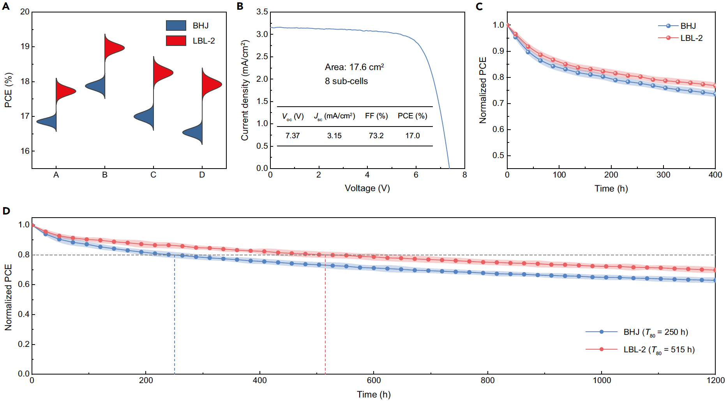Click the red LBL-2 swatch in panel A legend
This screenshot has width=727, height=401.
[x=176, y=40]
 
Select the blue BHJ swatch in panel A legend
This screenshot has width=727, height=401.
[x=176, y=26]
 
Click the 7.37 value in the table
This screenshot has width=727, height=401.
[x=292, y=135]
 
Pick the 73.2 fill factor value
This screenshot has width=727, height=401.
[x=376, y=135]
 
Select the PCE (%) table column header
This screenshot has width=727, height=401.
[x=412, y=116]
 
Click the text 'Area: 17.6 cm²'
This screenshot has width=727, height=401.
[x=354, y=67]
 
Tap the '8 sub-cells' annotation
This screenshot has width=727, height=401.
[x=346, y=81]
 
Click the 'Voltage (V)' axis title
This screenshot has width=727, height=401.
[x=367, y=188]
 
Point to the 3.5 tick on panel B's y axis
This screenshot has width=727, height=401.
[x=262, y=12]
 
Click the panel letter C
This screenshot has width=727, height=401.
[x=479, y=6]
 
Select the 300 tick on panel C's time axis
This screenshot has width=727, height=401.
[x=663, y=175]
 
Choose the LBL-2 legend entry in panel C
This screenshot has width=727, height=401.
[x=691, y=38]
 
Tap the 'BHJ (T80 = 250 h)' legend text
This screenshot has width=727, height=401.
[x=656, y=332]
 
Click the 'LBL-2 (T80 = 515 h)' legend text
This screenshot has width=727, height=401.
[x=659, y=350]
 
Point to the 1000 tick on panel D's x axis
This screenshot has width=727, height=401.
[x=602, y=380]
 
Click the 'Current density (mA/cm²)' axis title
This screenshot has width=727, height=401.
[x=245, y=90]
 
